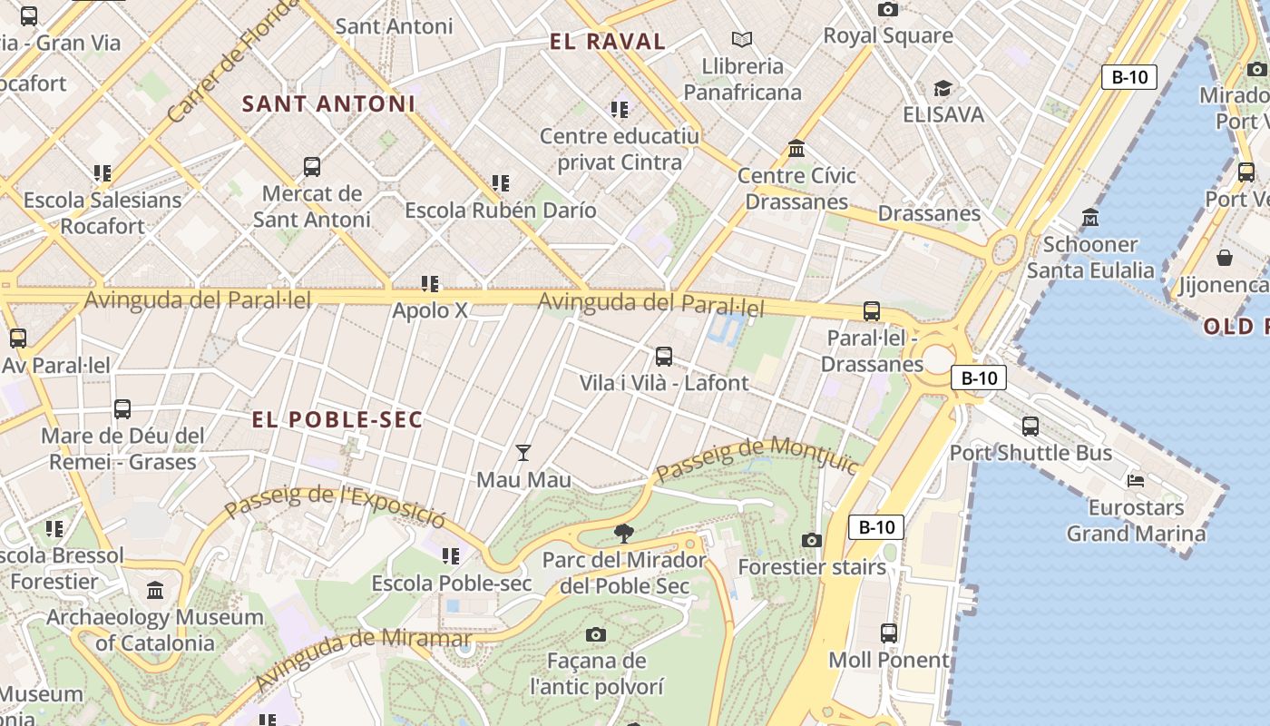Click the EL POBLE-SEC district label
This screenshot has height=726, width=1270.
pos(337,419)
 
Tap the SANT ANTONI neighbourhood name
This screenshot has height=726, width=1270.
pos(328,104)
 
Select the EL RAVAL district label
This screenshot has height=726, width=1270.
pos(608,42)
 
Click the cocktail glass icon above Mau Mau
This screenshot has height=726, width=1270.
pos(523,452)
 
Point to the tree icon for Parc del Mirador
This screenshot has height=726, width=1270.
pos(623,533)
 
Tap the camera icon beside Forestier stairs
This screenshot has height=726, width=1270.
pos(812,541)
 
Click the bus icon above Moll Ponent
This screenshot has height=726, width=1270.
pos(889,633)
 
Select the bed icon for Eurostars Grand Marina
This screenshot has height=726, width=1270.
pos(1135,480)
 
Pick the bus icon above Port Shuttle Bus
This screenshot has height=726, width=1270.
pos(1031,426)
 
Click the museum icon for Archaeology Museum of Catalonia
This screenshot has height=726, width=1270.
pos(155,591)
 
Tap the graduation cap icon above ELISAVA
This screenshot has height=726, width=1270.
pos(943,88)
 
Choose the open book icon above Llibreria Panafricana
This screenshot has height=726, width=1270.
pos(742,39)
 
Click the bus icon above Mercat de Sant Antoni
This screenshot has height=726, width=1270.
pos(312,166)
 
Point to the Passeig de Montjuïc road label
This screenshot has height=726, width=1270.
pos(757,459)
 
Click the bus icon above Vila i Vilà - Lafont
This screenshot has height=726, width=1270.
pos(664,356)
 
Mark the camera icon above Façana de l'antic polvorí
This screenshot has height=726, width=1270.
pos(596,634)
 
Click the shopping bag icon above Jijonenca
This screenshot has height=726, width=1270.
pos(1225,258)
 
